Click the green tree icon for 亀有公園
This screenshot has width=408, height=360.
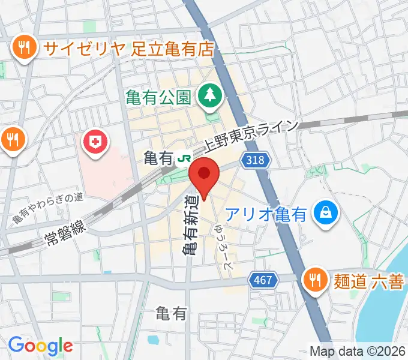point(209,94)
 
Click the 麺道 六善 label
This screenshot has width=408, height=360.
point(367,280)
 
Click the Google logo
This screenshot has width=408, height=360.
point(40,345)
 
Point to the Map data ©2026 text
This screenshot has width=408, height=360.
point(357,350)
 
